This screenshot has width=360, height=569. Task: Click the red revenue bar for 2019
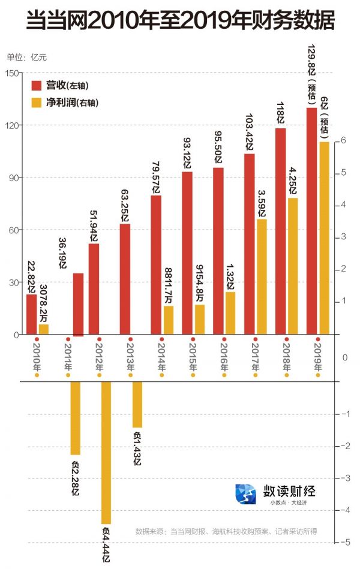(312, 221)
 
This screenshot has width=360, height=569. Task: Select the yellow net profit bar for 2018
(293, 266)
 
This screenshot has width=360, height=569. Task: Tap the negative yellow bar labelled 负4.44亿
(106, 452)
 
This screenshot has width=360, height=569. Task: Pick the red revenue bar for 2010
(31, 314)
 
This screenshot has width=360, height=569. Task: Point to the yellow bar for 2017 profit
(262, 276)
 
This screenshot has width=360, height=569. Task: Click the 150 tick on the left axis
(11, 73)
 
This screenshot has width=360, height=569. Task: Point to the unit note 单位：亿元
(26, 58)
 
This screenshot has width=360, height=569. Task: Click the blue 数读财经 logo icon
(245, 493)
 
